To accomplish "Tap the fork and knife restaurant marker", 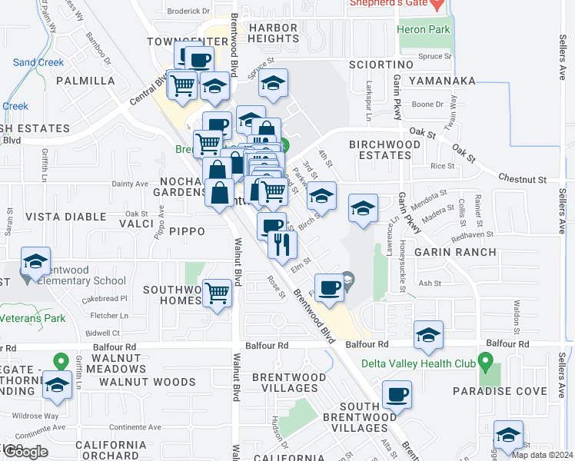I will (282, 244).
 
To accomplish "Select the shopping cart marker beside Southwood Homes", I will (218, 293).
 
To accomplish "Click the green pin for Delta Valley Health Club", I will (484, 360).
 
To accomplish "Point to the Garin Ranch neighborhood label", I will (447, 251).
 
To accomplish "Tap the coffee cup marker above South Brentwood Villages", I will (397, 395).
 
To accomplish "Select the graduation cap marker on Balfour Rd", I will (428, 335).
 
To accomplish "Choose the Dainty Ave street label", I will (130, 184).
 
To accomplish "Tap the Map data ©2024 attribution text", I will (541, 454).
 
